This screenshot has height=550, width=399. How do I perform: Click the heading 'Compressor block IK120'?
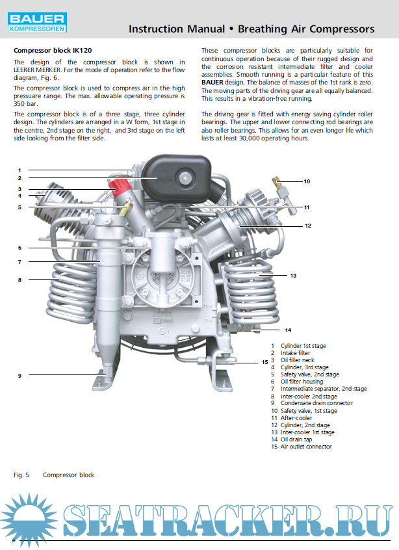pos(49,50)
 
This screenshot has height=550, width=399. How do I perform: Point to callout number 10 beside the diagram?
pos(307,181)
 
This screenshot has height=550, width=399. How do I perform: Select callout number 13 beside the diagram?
pos(293,276)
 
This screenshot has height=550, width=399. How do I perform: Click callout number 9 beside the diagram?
pos(19,376)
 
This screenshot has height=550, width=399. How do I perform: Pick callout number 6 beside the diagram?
pos(19,248)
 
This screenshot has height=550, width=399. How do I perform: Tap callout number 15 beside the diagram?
pos(264,362)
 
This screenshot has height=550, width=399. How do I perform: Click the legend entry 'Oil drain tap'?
pos(296,439)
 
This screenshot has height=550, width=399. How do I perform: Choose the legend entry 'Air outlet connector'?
pos(305,447)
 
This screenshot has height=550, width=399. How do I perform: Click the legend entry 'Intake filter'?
pos(295,353)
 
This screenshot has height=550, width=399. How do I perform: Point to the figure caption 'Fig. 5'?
pos(22,475)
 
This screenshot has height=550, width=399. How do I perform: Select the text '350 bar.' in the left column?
pos(27,103)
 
